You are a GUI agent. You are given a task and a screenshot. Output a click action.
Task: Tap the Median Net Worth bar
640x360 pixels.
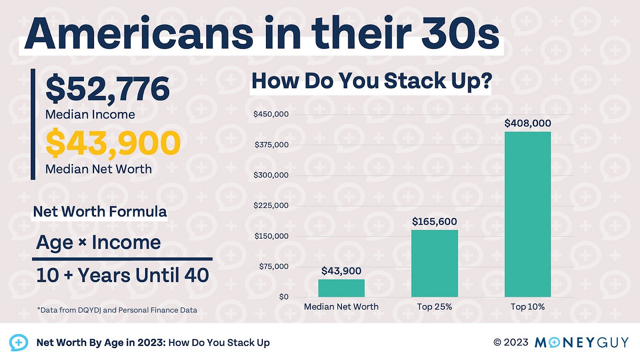(341, 288)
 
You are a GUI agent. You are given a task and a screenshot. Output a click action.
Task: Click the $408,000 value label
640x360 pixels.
(527, 124)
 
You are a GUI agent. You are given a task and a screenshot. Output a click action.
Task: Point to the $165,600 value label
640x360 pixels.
(434, 222)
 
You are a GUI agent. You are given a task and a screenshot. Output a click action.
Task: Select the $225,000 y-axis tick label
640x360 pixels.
(271, 206)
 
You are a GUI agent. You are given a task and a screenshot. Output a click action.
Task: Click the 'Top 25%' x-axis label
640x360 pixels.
(434, 307)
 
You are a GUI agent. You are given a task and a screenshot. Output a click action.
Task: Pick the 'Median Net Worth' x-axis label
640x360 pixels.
(341, 307)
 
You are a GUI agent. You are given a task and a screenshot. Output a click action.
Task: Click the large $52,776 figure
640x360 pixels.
(108, 89)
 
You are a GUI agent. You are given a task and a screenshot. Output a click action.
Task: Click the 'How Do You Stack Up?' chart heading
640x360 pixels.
(371, 82)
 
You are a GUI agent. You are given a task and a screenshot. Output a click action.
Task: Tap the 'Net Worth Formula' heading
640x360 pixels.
(100, 212)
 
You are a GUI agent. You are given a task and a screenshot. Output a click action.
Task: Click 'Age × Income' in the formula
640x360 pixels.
(98, 242)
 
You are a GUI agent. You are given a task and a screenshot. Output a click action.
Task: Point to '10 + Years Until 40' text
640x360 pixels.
(122, 276)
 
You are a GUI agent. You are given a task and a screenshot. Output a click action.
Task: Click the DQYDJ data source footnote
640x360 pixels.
(117, 310)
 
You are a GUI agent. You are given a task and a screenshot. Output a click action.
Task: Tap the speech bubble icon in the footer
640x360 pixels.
(18, 342)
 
